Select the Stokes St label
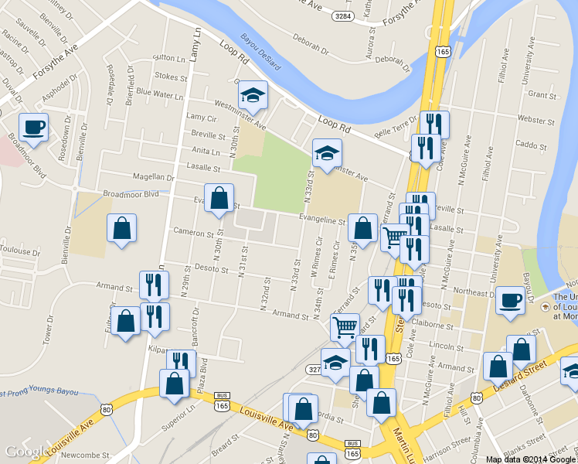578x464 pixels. [171, 77]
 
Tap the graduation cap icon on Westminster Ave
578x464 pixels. [252, 94]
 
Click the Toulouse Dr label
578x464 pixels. [19, 252]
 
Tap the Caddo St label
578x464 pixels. [530, 145]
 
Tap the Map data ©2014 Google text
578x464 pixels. [531, 459]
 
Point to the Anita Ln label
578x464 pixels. [206, 151]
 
